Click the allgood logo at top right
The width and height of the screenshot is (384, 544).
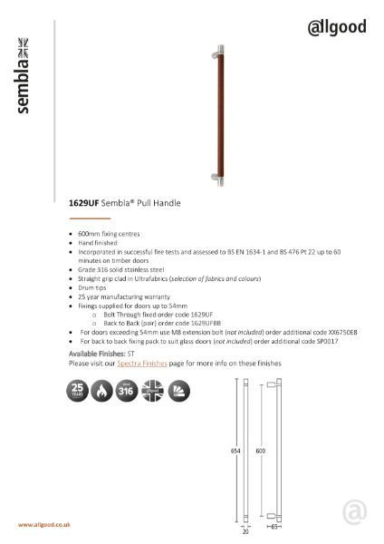click(x=337, y=27)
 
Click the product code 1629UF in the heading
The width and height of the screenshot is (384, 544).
click(x=83, y=205)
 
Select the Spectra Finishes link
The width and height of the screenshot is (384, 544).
click(x=142, y=363)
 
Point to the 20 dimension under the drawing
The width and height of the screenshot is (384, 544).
click(x=245, y=532)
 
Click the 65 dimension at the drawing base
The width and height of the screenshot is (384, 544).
click(x=273, y=526)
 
